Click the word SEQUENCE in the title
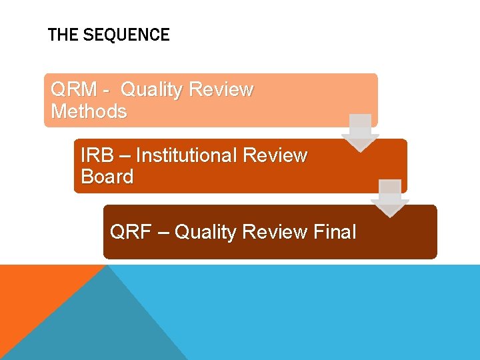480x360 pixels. [127, 35]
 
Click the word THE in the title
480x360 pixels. [63, 35]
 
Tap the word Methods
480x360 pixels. [89, 111]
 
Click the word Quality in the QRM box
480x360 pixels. [152, 89]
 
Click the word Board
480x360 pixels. [107, 177]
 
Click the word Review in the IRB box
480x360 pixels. [275, 155]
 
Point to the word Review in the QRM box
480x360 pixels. [221, 89]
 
